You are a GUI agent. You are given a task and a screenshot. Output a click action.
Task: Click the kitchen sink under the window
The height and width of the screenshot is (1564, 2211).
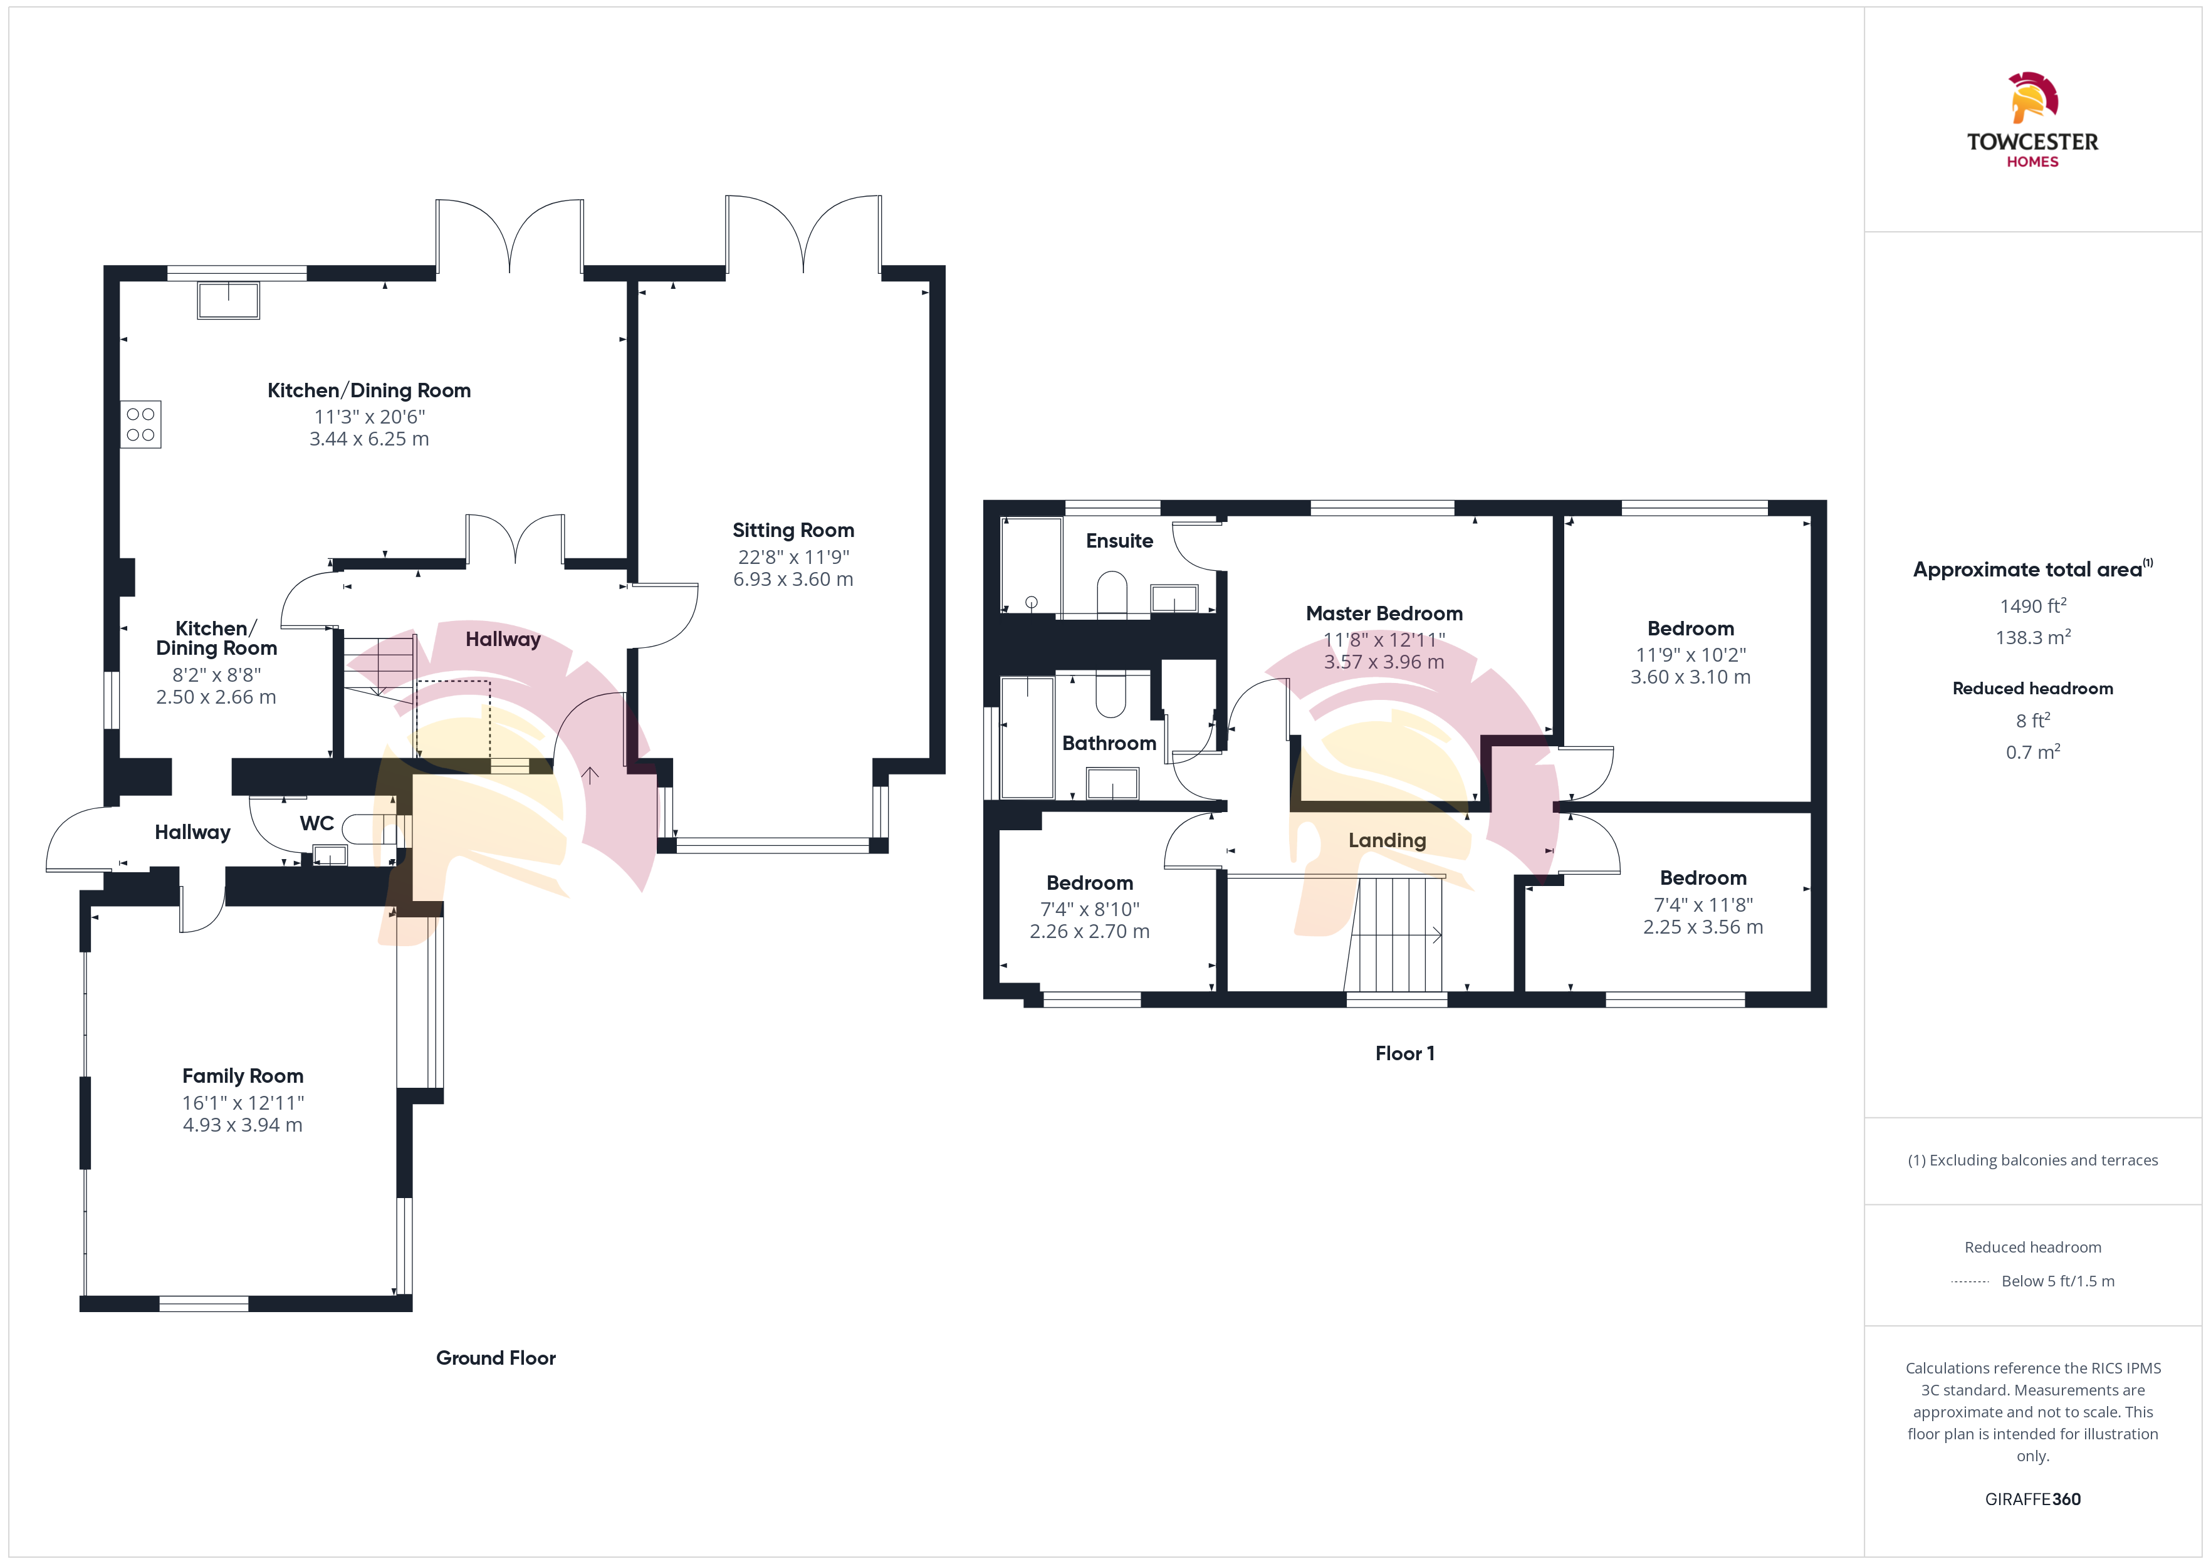click(228, 300)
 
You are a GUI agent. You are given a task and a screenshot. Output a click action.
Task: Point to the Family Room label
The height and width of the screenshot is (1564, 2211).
click(243, 1076)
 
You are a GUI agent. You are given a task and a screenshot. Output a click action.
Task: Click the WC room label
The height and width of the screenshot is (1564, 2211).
click(317, 823)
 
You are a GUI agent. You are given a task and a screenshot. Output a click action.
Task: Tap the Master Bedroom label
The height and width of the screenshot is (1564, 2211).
click(1384, 613)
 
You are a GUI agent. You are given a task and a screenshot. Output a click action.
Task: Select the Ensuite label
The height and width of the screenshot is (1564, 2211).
click(1119, 541)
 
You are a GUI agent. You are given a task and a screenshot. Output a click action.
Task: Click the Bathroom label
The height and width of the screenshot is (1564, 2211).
click(1109, 744)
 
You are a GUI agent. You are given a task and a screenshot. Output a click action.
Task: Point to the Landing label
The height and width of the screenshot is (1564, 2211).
click(1387, 841)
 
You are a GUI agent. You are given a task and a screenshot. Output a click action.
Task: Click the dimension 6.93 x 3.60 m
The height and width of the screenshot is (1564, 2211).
click(793, 580)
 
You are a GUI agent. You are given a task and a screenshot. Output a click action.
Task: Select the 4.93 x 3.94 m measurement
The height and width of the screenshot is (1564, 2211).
click(243, 1125)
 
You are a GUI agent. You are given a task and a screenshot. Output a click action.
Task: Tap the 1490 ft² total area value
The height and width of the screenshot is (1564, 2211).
click(2033, 606)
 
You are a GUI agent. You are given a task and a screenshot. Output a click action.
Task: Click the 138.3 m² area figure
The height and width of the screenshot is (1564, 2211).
click(2033, 637)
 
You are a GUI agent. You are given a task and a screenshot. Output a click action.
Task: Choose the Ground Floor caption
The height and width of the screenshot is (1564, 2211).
click(496, 1358)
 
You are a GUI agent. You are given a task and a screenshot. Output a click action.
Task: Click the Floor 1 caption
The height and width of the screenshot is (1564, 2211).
click(1405, 1053)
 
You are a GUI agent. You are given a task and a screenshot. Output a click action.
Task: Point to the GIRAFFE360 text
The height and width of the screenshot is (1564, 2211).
click(2033, 1499)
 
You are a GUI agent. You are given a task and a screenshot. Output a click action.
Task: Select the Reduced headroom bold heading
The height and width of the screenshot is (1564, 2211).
click(2033, 689)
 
